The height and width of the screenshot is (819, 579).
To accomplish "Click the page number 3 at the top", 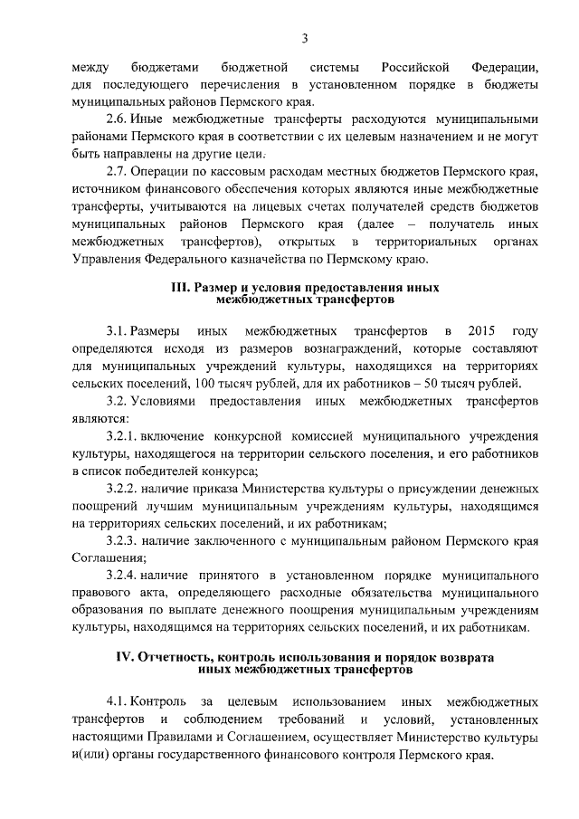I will tap(305, 37).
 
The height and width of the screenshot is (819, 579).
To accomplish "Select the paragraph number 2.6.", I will tap(118, 119).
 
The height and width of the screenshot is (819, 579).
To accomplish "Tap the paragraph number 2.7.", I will tap(118, 172).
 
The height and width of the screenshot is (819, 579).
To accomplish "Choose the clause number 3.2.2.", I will tap(123, 488).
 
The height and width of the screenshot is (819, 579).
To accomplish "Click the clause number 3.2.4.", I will tap(123, 576).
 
